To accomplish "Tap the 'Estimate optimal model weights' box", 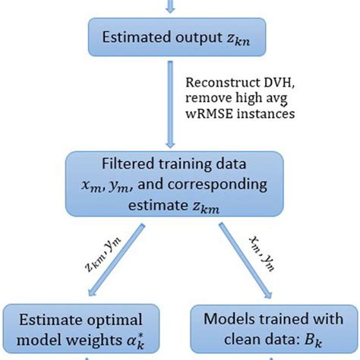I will (x=83, y=329).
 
